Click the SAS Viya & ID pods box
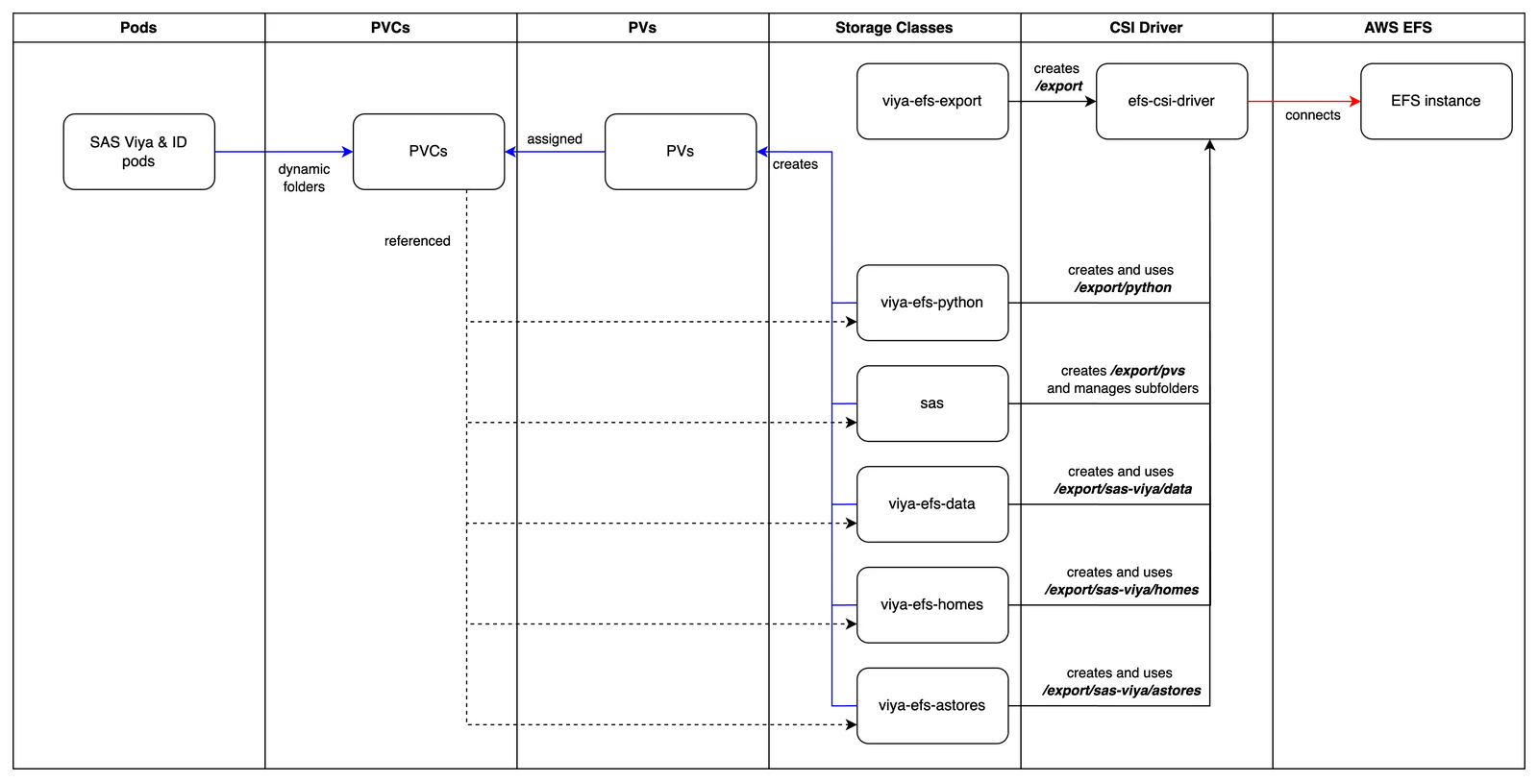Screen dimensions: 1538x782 138,152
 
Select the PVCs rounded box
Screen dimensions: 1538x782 429,152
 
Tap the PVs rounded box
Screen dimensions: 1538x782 681,152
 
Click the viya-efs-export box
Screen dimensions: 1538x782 932,102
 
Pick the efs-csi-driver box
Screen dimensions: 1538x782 1172,102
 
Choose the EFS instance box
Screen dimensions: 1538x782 1436,102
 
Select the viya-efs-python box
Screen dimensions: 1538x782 932,303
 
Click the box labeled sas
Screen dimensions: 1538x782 932,403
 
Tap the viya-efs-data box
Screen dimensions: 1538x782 932,504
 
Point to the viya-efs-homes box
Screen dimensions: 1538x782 932,605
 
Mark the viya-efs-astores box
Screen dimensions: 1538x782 932,706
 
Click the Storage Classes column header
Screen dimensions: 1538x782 894,28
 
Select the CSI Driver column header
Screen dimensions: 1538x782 1146,28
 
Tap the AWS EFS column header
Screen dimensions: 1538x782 1398,28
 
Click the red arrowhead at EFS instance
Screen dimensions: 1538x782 1355,102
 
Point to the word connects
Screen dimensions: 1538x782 1313,115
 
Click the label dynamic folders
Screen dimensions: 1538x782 304,178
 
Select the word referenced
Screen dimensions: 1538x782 417,241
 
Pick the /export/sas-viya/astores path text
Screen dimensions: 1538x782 1122,691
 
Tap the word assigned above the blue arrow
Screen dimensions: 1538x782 555,139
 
